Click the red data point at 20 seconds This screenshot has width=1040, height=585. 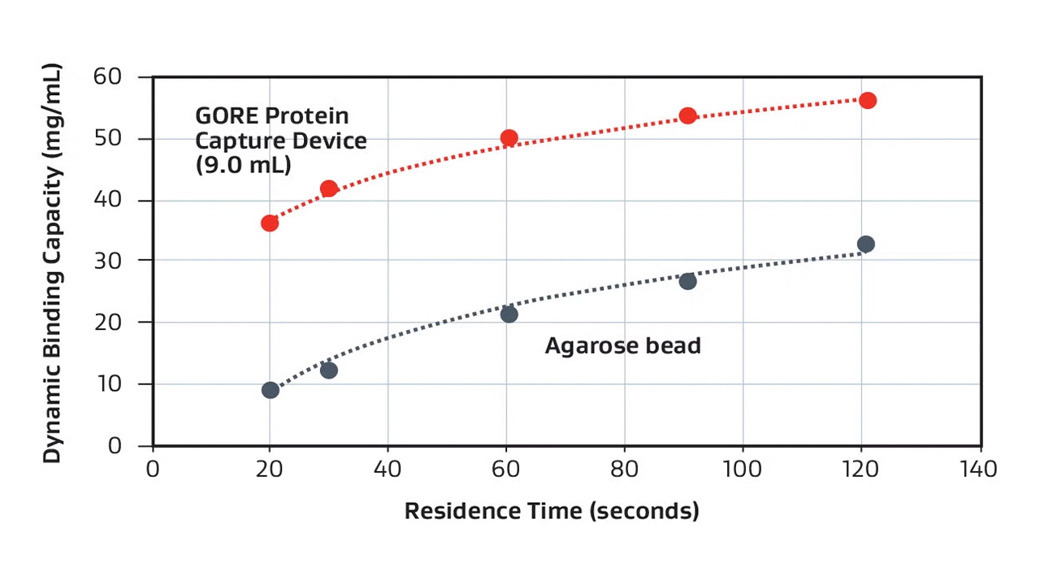pos(270,223)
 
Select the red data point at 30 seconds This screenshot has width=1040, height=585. pos(329,188)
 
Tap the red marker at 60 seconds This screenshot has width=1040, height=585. pos(509,137)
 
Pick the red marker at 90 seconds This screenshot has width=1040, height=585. pos(688,115)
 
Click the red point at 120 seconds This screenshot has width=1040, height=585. pos(868,100)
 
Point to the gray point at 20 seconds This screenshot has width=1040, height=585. pos(271,390)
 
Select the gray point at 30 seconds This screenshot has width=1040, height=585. pos(329,370)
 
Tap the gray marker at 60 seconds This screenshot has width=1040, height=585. pos(509,314)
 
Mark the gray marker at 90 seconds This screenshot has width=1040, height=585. pos(688,281)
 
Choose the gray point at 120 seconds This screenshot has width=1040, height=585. pos(866,244)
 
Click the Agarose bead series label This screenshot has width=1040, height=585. pos(622,346)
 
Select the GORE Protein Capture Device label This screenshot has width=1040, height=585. pos(280,140)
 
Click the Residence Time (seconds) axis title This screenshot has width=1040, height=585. pos(552,511)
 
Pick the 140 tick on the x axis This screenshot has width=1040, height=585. pos(980,470)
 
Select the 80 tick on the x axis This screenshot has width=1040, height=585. pos(625,470)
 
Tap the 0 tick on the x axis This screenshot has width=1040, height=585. pos(153,470)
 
